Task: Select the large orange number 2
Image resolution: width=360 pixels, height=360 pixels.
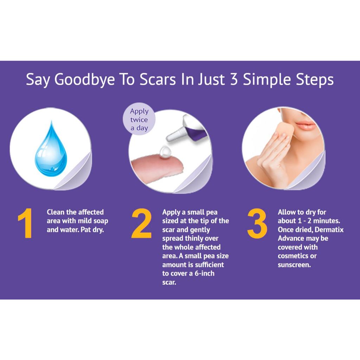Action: click(141, 223)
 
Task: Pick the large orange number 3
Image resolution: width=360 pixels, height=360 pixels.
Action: click(257, 223)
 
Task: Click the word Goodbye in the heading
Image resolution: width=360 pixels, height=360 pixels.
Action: click(84, 80)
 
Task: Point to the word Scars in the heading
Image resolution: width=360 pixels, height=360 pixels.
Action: click(158, 79)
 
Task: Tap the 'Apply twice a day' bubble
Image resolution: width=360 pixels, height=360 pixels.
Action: click(139, 119)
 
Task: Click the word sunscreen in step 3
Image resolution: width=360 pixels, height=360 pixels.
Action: click(294, 265)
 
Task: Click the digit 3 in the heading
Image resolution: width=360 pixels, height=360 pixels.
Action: click(234, 79)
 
